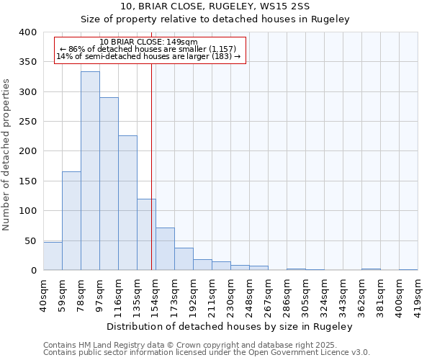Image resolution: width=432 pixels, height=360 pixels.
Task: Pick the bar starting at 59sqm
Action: [x=71, y=221]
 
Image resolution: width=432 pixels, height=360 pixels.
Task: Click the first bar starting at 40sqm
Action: [x=53, y=256]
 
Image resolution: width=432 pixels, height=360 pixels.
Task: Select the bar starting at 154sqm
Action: [x=165, y=249]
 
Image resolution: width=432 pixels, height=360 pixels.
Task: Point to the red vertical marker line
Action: [x=151, y=166]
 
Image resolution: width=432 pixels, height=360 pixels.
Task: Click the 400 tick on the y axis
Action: [x=27, y=32]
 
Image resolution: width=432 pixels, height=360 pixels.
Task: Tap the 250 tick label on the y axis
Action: [x=27, y=122]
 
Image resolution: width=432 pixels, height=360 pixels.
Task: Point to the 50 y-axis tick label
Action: [x=30, y=240]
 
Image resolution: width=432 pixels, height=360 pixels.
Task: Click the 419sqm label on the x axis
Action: [x=418, y=294]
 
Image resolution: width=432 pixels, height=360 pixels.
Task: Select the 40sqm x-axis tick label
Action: [x=43, y=294]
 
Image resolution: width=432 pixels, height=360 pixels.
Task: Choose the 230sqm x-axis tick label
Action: [x=230, y=294]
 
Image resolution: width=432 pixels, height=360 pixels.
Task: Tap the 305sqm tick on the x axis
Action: [x=305, y=294]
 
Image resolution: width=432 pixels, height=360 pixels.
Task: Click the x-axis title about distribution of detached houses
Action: [x=229, y=327]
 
